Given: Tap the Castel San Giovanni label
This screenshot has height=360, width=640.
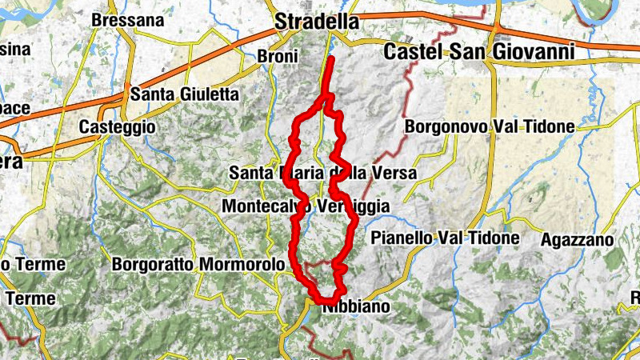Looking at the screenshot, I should (479, 52).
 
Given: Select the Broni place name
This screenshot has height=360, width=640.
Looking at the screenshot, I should (278, 57).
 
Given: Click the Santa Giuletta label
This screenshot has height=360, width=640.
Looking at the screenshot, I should (185, 94).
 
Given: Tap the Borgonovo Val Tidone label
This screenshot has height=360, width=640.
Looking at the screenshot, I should (490, 126).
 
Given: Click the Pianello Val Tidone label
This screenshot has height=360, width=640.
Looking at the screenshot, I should (446, 238).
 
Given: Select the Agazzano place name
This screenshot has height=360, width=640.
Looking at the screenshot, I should (577, 239).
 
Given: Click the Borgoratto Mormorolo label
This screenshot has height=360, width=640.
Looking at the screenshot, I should (198, 264).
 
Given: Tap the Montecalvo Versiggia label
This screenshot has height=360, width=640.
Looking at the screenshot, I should (305, 207).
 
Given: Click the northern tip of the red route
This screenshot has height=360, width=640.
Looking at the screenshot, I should (331, 58).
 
